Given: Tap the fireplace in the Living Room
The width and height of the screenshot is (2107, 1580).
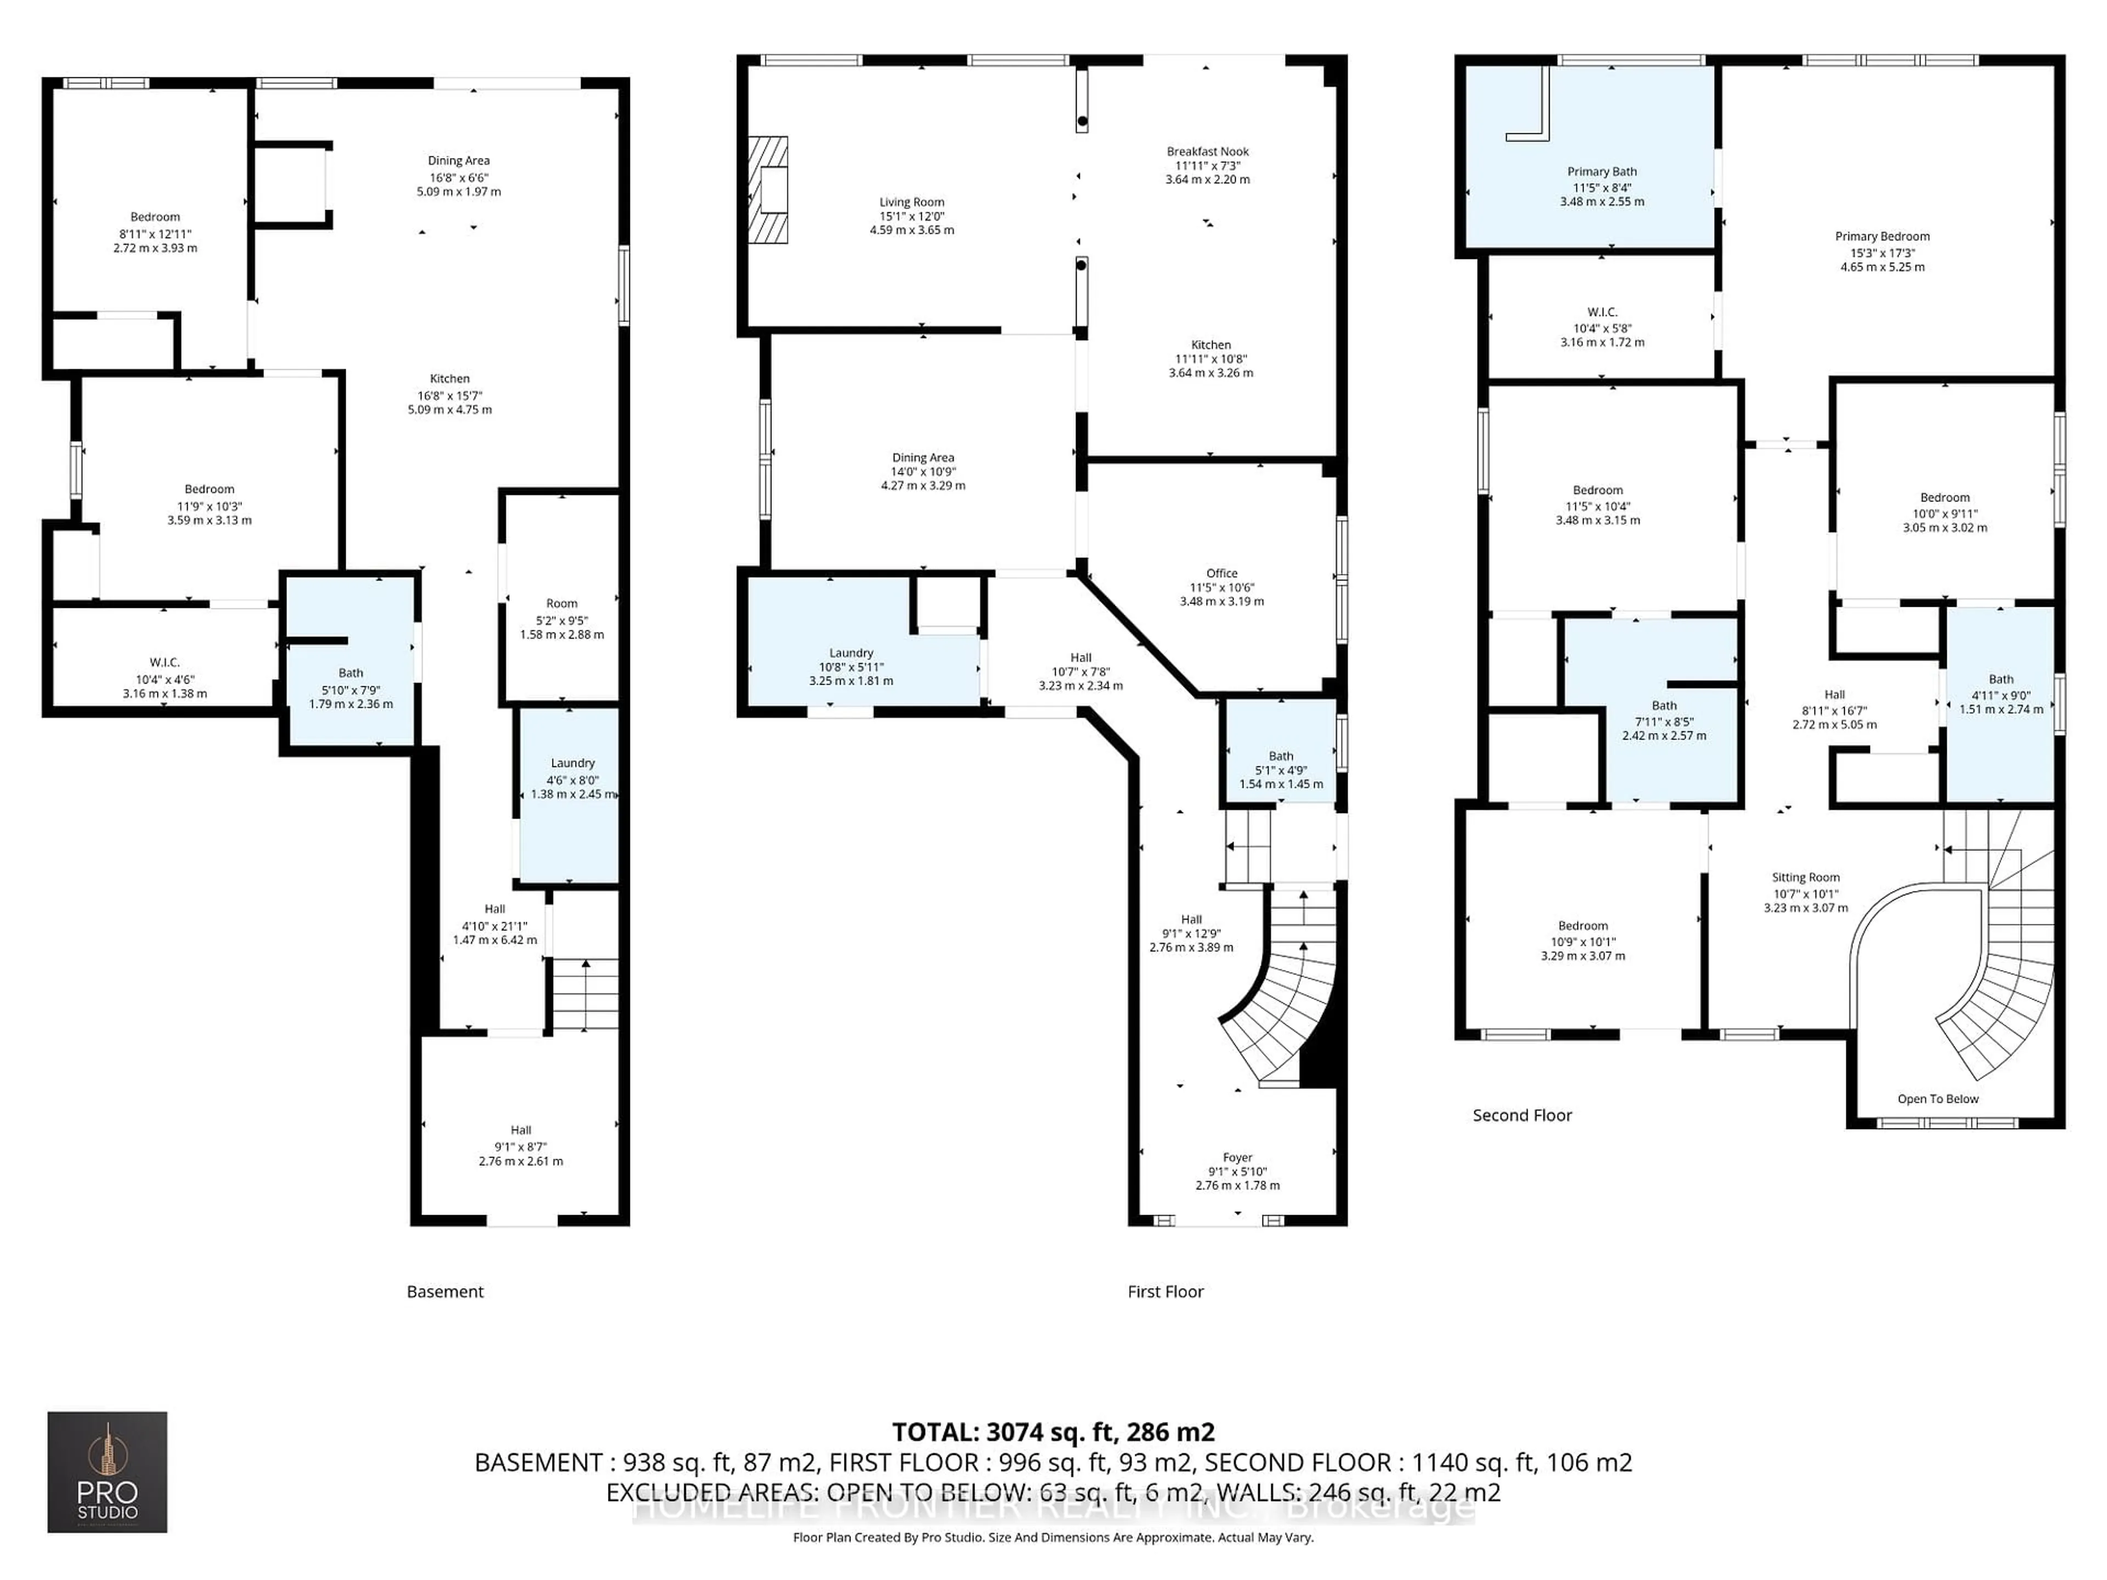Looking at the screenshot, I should [x=768, y=189].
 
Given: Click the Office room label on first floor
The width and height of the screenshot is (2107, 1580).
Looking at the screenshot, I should [x=1221, y=573].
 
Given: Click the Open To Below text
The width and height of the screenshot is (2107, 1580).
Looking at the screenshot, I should [x=1937, y=1099].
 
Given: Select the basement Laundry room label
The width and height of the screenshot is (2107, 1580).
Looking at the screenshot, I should [x=572, y=763].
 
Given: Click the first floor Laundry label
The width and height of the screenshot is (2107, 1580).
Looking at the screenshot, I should [x=850, y=653].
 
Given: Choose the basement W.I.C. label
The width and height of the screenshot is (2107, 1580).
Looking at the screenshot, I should [x=164, y=663].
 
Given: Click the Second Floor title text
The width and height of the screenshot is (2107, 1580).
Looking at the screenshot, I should [x=1521, y=1115].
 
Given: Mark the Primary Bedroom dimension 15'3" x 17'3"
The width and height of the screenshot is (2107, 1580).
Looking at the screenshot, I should [x=1881, y=253].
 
